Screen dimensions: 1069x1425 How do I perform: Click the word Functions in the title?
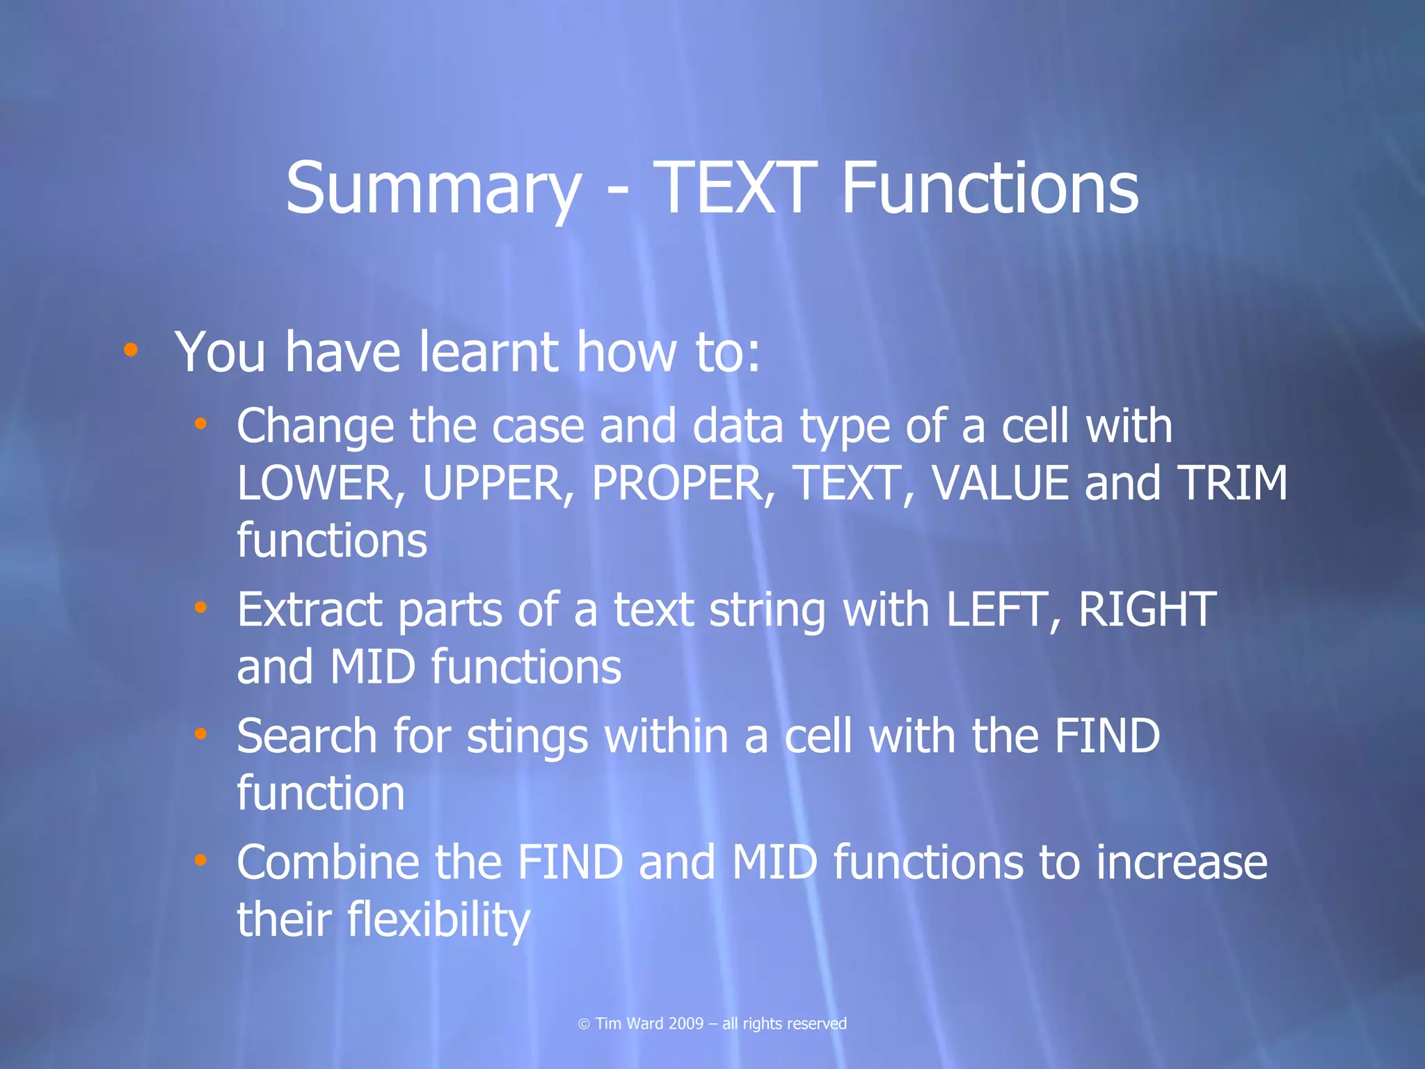pos(989,188)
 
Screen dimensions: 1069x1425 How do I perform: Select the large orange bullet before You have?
pos(130,350)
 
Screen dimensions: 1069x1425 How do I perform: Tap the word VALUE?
pos(1000,483)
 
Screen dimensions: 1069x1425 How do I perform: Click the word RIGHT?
pos(1147,610)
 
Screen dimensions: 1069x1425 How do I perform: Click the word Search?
pos(306,736)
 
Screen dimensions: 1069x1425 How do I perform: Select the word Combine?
pos(328,862)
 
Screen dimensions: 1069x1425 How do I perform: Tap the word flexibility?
pos(439,920)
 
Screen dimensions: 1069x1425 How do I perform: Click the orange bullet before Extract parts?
pos(200,608)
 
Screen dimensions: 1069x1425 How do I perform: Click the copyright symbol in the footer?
pos(584,1024)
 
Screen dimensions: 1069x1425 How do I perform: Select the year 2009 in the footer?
pos(685,1024)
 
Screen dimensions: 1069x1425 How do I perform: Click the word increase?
pos(1181,862)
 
